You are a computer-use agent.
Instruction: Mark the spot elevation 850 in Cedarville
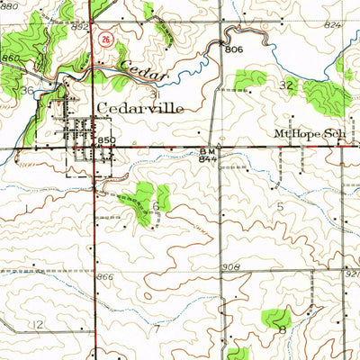[x=107, y=141]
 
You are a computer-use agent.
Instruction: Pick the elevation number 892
[x=80, y=27]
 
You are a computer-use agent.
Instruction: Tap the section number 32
[x=287, y=85]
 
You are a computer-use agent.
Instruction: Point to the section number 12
[x=35, y=323]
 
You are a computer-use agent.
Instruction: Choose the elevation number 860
[x=10, y=58]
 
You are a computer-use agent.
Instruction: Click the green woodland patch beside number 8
[x=276, y=316]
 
